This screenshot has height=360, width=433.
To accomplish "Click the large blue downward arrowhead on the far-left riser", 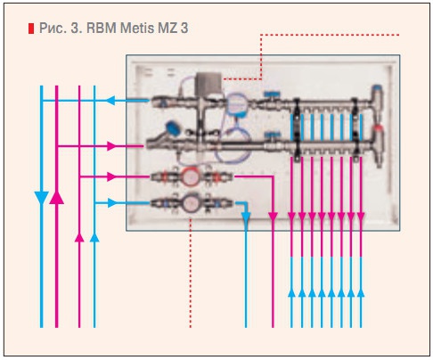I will [41, 197].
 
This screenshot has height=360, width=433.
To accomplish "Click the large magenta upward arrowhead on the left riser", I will [57, 196].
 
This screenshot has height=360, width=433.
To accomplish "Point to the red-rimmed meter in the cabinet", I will [190, 177].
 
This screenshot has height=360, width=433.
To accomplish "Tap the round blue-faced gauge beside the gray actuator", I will [234, 105].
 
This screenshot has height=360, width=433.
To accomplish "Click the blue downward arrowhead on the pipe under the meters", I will [246, 219].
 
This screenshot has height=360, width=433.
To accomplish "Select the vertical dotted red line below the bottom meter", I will [191, 276].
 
